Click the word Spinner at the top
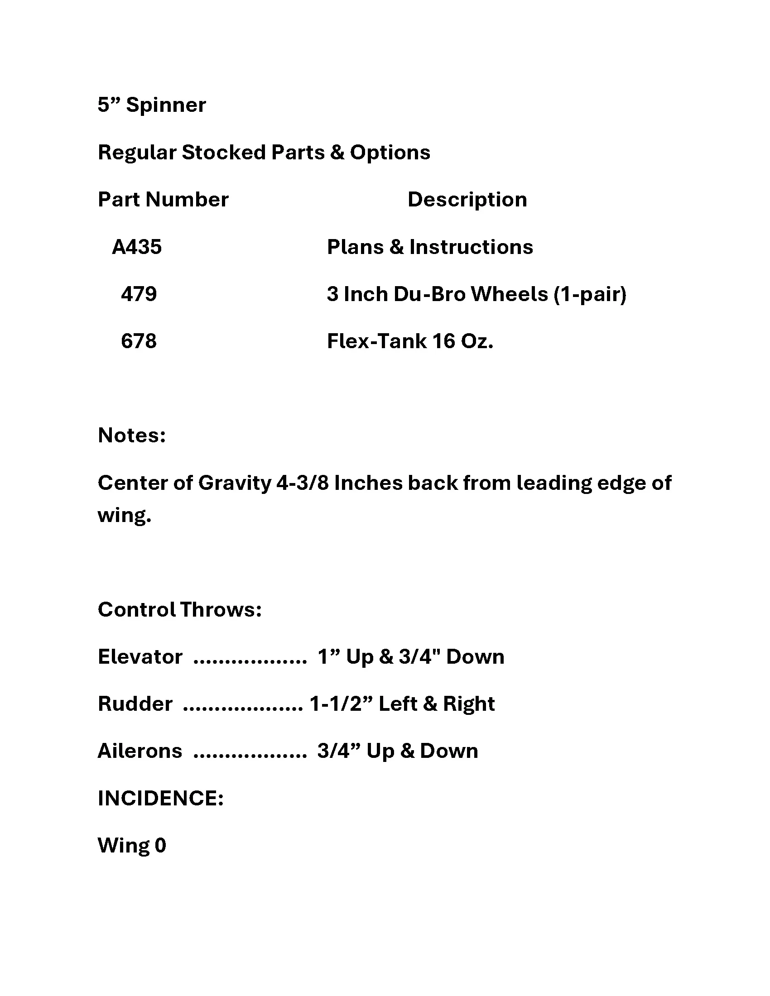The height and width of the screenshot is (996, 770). click(166, 105)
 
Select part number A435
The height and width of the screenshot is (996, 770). click(137, 247)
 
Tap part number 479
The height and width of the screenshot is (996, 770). click(139, 294)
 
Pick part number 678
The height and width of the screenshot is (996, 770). click(139, 341)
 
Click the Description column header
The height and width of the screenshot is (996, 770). click(467, 200)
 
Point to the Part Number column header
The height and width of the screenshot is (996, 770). click(163, 200)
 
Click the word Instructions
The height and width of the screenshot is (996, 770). click(471, 247)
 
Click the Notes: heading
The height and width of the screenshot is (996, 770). click(132, 436)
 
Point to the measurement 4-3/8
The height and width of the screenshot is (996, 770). click(303, 483)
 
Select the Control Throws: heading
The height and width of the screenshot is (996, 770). click(180, 610)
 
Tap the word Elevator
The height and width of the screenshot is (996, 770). click(140, 657)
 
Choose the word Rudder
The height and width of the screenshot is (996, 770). click(135, 704)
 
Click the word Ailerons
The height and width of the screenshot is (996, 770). click(140, 751)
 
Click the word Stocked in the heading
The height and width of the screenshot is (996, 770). click(223, 153)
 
